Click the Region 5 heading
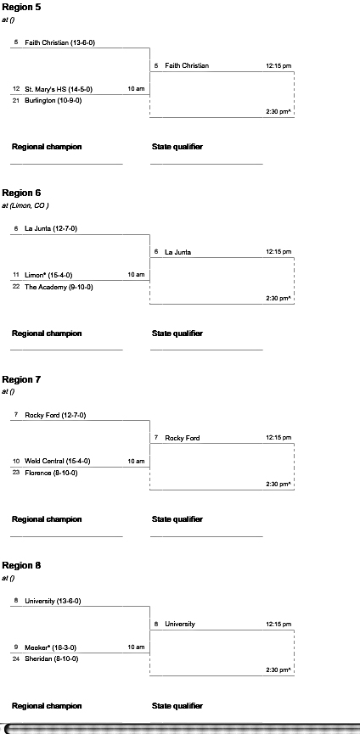[x=21, y=8]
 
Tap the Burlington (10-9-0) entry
[x=53, y=100]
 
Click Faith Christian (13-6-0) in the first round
[x=60, y=42]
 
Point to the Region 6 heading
[x=21, y=193]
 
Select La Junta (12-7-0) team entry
[x=51, y=228]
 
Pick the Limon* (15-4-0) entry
[x=48, y=275]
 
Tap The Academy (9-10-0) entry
[x=59, y=287]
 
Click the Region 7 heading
[x=21, y=379]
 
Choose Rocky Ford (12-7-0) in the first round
[x=55, y=415]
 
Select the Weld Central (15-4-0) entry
[x=58, y=461]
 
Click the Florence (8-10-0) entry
[x=51, y=473]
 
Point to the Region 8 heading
[x=21, y=565]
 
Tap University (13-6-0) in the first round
[x=53, y=601]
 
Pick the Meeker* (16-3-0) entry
[x=51, y=647]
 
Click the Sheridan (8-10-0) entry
[x=52, y=658]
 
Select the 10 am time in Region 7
[x=136, y=461]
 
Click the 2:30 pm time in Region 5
[x=278, y=112]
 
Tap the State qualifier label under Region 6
[x=177, y=333]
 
